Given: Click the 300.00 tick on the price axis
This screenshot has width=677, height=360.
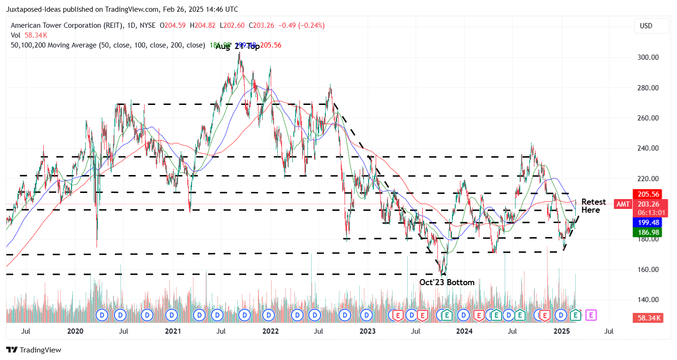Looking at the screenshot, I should pyautogui.click(x=647, y=57).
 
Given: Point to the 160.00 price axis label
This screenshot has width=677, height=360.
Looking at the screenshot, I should pyautogui.click(x=647, y=270).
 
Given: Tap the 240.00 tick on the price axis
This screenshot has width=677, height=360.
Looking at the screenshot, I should pyautogui.click(x=647, y=148).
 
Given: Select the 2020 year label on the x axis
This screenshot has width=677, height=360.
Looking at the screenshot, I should pyautogui.click(x=75, y=331).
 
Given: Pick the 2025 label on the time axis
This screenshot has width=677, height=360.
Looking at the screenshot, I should pyautogui.click(x=562, y=331).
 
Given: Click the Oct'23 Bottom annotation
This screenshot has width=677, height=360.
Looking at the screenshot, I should pyautogui.click(x=447, y=282).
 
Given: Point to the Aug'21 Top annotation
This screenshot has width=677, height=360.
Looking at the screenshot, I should pyautogui.click(x=238, y=47).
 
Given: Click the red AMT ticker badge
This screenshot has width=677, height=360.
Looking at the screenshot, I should pyautogui.click(x=623, y=204).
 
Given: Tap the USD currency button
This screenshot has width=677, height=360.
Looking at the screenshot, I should pyautogui.click(x=651, y=26).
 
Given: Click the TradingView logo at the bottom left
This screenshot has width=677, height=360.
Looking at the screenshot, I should pyautogui.click(x=34, y=350).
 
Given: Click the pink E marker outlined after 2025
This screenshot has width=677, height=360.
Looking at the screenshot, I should pyautogui.click(x=591, y=315).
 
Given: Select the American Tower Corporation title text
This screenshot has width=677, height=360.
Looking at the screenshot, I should pyautogui.click(x=64, y=25).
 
